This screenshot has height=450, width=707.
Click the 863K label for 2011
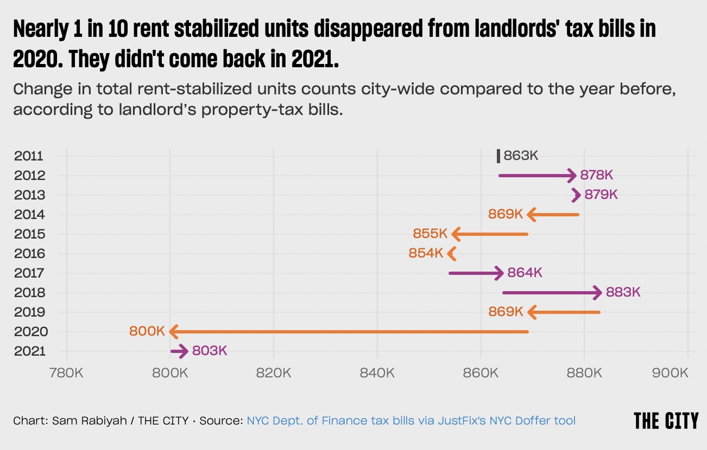click(521, 156)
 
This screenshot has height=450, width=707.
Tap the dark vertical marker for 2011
click(498, 156)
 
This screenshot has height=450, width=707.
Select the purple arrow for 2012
click(537, 175)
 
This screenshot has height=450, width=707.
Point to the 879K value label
click(601, 195)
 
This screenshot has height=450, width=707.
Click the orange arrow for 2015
click(489, 234)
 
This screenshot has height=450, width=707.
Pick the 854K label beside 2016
click(426, 253)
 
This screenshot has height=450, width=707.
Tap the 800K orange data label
click(147, 331)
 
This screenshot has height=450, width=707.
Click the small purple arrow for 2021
click(179, 351)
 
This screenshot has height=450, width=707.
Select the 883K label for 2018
click(623, 292)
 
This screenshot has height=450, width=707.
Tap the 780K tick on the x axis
click(66, 373)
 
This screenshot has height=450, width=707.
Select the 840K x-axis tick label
click(377, 373)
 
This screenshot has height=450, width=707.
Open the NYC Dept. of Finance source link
click(411, 420)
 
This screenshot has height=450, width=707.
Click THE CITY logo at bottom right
click(666, 420)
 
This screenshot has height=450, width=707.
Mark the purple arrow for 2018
click(552, 293)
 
